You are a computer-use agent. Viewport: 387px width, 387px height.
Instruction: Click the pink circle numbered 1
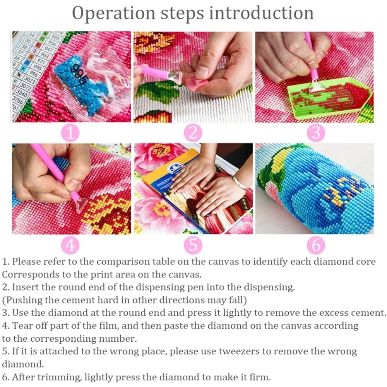[70, 133]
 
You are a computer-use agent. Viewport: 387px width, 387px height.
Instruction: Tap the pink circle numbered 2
[193, 133]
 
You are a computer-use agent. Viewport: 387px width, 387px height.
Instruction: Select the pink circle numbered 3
[316, 133]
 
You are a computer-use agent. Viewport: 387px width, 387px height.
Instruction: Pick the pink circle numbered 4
[70, 245]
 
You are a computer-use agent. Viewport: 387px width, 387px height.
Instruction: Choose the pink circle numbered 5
[193, 245]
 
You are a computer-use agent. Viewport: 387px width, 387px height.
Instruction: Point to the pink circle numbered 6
[316, 245]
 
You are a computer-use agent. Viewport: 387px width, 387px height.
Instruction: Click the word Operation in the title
[113, 13]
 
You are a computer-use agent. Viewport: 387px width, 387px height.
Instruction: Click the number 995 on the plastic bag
[79, 74]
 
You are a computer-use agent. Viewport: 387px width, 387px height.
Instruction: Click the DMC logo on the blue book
[175, 169]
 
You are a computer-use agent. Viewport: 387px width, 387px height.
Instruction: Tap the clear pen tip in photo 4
[80, 204]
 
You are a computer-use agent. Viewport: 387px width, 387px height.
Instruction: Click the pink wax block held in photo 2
[195, 82]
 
